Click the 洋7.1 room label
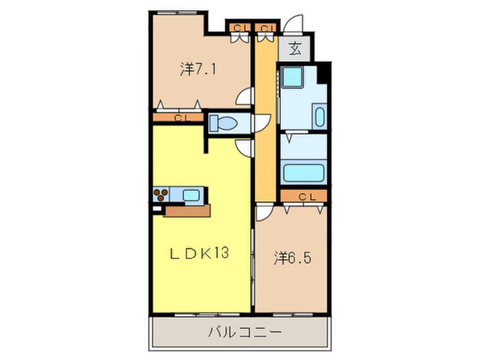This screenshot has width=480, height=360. pos(198,69)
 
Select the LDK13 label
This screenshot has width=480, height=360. pos(200,253)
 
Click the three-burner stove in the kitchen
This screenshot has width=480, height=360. pos(161,195)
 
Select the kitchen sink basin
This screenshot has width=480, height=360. pos(191,195)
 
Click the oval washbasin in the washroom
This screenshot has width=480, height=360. pos(319,117)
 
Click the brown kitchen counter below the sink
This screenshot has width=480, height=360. pos(187,210)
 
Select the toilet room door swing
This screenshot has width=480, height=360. pos(261,123)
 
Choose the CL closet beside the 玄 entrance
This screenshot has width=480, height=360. pos(266,27)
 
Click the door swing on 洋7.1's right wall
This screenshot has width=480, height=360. pos(245,97)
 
